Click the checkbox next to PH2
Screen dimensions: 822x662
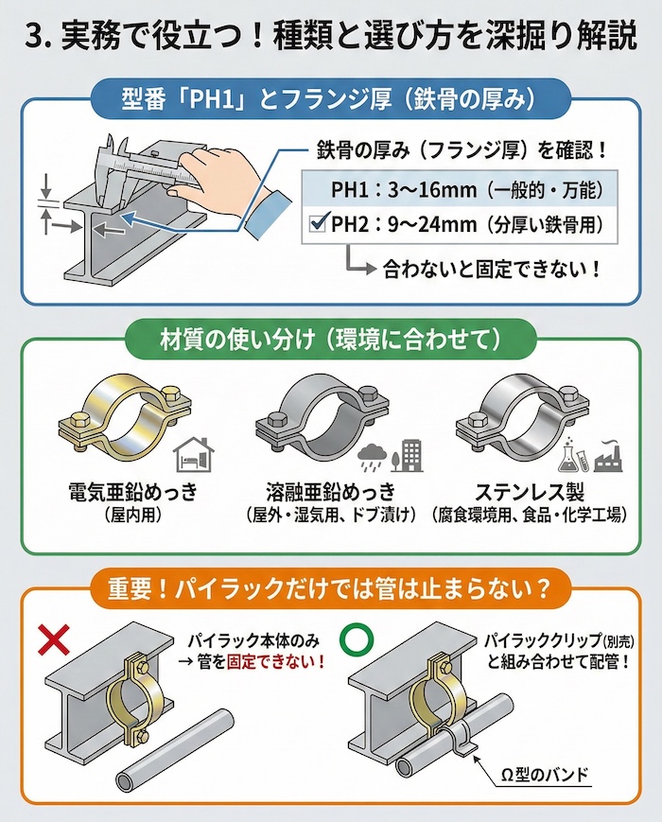click(x=319, y=224)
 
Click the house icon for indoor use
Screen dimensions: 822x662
click(x=194, y=456)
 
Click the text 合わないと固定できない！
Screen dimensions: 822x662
click(x=490, y=268)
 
